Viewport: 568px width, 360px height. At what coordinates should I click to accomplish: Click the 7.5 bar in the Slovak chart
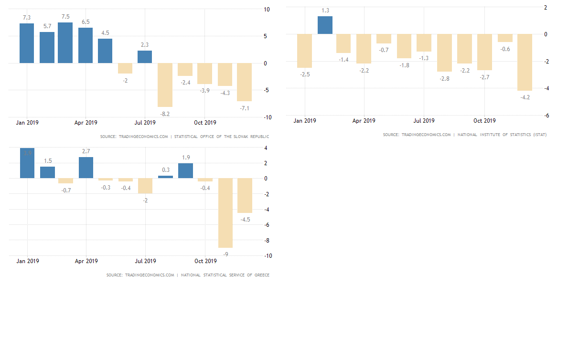[x=65, y=42]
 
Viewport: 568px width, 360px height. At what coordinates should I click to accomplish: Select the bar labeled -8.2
[x=165, y=85]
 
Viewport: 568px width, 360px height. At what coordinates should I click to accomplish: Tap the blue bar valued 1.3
[x=325, y=25]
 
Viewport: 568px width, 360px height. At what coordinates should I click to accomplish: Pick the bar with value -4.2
[x=525, y=62]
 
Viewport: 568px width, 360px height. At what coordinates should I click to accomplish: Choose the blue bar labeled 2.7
[x=86, y=168]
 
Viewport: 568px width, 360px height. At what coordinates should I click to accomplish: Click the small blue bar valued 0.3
[x=165, y=177]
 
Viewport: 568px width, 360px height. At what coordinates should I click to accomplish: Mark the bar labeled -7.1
[x=244, y=82]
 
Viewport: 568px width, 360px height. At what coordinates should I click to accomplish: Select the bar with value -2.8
[x=445, y=53]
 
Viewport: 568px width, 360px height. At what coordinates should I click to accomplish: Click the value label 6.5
[x=86, y=22]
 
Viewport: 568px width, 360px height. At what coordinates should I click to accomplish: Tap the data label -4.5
[x=246, y=220]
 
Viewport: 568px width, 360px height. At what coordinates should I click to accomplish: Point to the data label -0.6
[x=505, y=49]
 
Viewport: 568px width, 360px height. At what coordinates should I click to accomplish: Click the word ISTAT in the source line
[x=539, y=135]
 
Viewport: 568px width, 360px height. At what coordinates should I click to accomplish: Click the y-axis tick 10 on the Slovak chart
[x=267, y=9]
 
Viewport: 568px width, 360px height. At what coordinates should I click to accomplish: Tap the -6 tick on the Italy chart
[x=547, y=116]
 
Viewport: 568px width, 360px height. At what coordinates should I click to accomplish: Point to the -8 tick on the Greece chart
[x=268, y=240]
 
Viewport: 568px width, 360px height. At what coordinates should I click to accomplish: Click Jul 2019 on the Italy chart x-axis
[x=424, y=121]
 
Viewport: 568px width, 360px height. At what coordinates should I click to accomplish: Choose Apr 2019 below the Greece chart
[x=86, y=261]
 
